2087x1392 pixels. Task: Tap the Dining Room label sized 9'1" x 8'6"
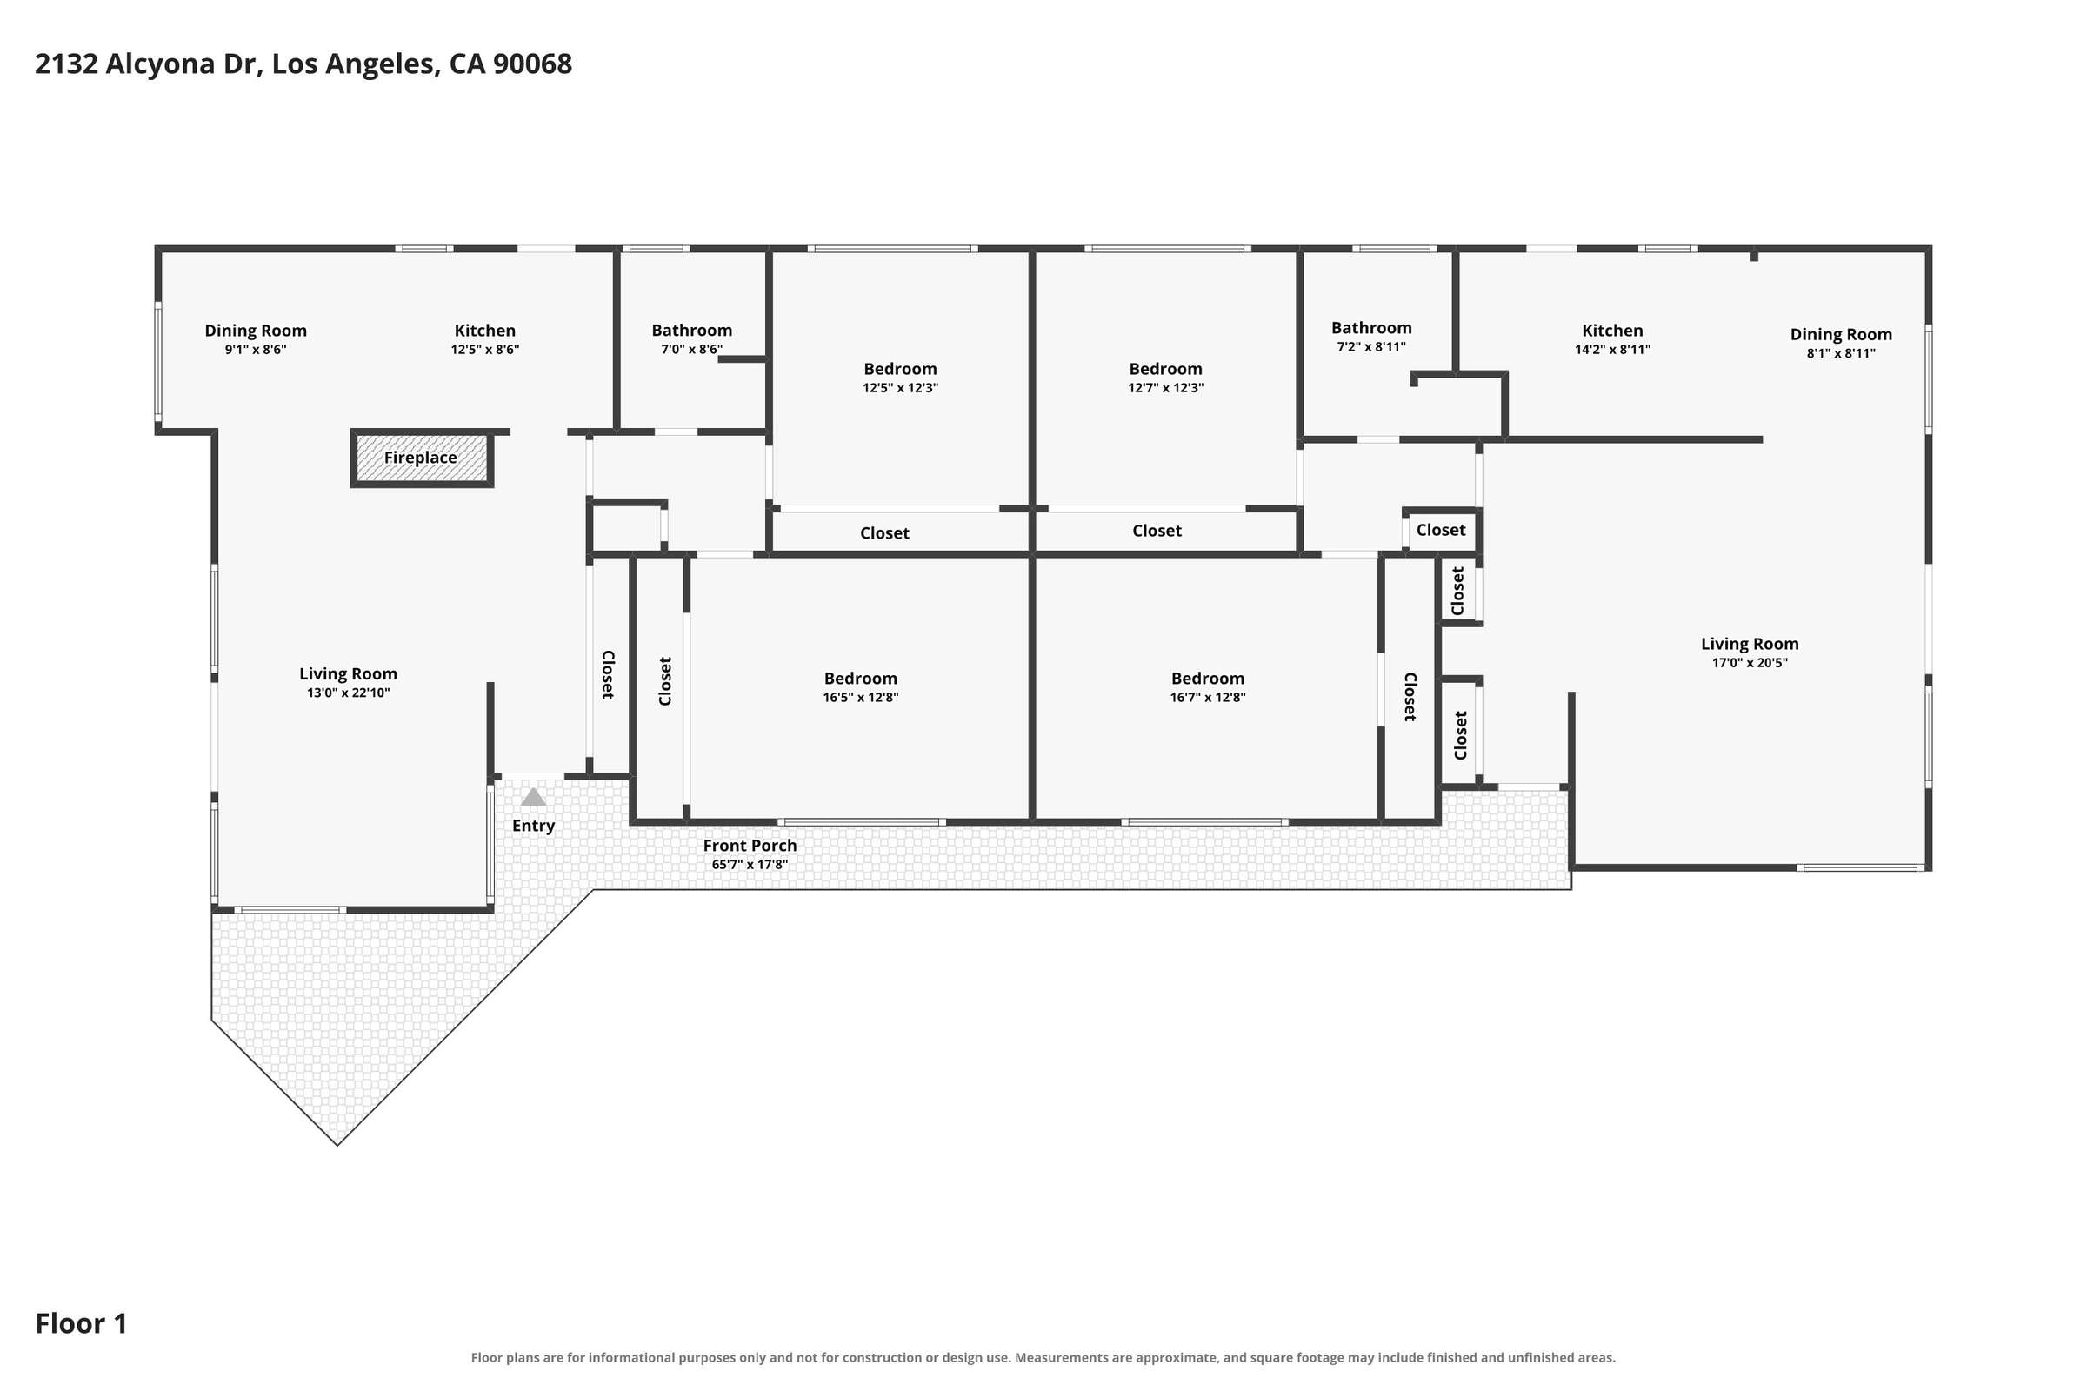pyautogui.click(x=256, y=331)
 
